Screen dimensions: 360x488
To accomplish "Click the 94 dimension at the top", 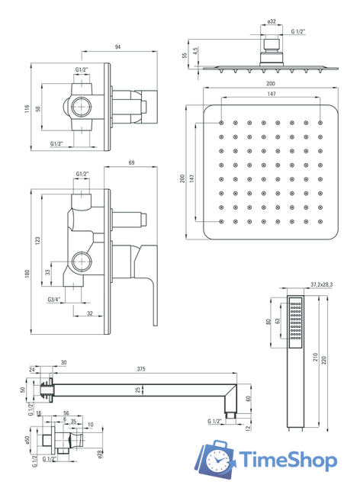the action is tap(117, 47).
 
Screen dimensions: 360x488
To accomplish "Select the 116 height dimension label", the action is tap(27, 108).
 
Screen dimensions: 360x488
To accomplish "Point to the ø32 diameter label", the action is tap(272, 21).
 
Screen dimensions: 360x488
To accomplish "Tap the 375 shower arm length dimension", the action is tap(141, 369).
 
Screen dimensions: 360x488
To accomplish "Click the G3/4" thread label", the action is tap(54, 300).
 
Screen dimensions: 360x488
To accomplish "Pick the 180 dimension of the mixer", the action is tap(27, 274).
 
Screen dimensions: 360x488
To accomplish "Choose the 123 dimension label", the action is tap(37, 241).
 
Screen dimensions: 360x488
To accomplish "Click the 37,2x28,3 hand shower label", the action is tap(322, 284).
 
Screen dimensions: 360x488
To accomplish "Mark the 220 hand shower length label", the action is tap(324, 361).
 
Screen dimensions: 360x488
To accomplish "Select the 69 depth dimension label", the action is tap(131, 162).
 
